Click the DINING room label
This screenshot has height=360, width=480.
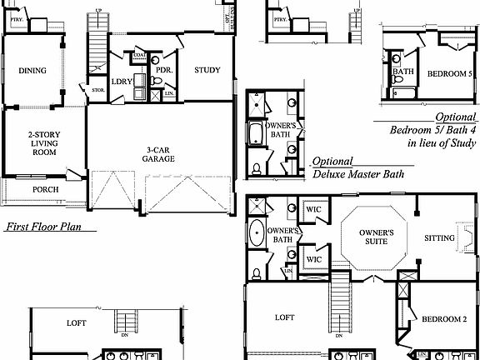pyautogui.click(x=32, y=71)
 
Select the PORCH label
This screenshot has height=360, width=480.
pyautogui.click(x=45, y=189)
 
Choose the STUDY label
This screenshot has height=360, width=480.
pyautogui.click(x=207, y=70)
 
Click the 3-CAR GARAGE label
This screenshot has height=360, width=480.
pyautogui.click(x=157, y=153)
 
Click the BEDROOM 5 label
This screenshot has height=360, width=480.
pyautogui.click(x=451, y=74)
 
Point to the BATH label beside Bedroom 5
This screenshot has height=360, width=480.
pyautogui.click(x=403, y=72)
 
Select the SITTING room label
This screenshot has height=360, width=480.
pyautogui.click(x=439, y=238)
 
